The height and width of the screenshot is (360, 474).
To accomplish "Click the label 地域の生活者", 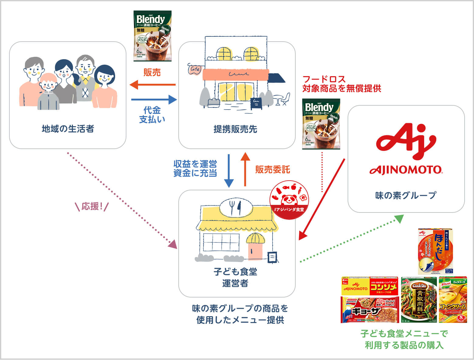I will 68,129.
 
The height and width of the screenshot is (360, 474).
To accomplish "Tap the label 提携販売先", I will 235,129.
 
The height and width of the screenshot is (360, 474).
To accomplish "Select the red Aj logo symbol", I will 406,141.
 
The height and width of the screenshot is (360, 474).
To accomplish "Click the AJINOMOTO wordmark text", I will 406,170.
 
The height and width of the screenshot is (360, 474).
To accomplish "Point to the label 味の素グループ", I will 406,195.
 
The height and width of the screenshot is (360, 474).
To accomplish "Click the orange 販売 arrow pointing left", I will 153,85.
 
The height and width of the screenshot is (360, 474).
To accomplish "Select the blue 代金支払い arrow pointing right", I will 154,99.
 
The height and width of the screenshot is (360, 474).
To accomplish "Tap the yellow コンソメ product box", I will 369,286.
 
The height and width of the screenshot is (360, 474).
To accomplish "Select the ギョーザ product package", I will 369,310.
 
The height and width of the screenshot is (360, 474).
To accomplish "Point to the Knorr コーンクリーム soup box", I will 453,300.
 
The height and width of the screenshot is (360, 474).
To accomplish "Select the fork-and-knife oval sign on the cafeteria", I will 236,207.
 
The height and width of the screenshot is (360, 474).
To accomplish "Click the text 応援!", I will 91,207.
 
